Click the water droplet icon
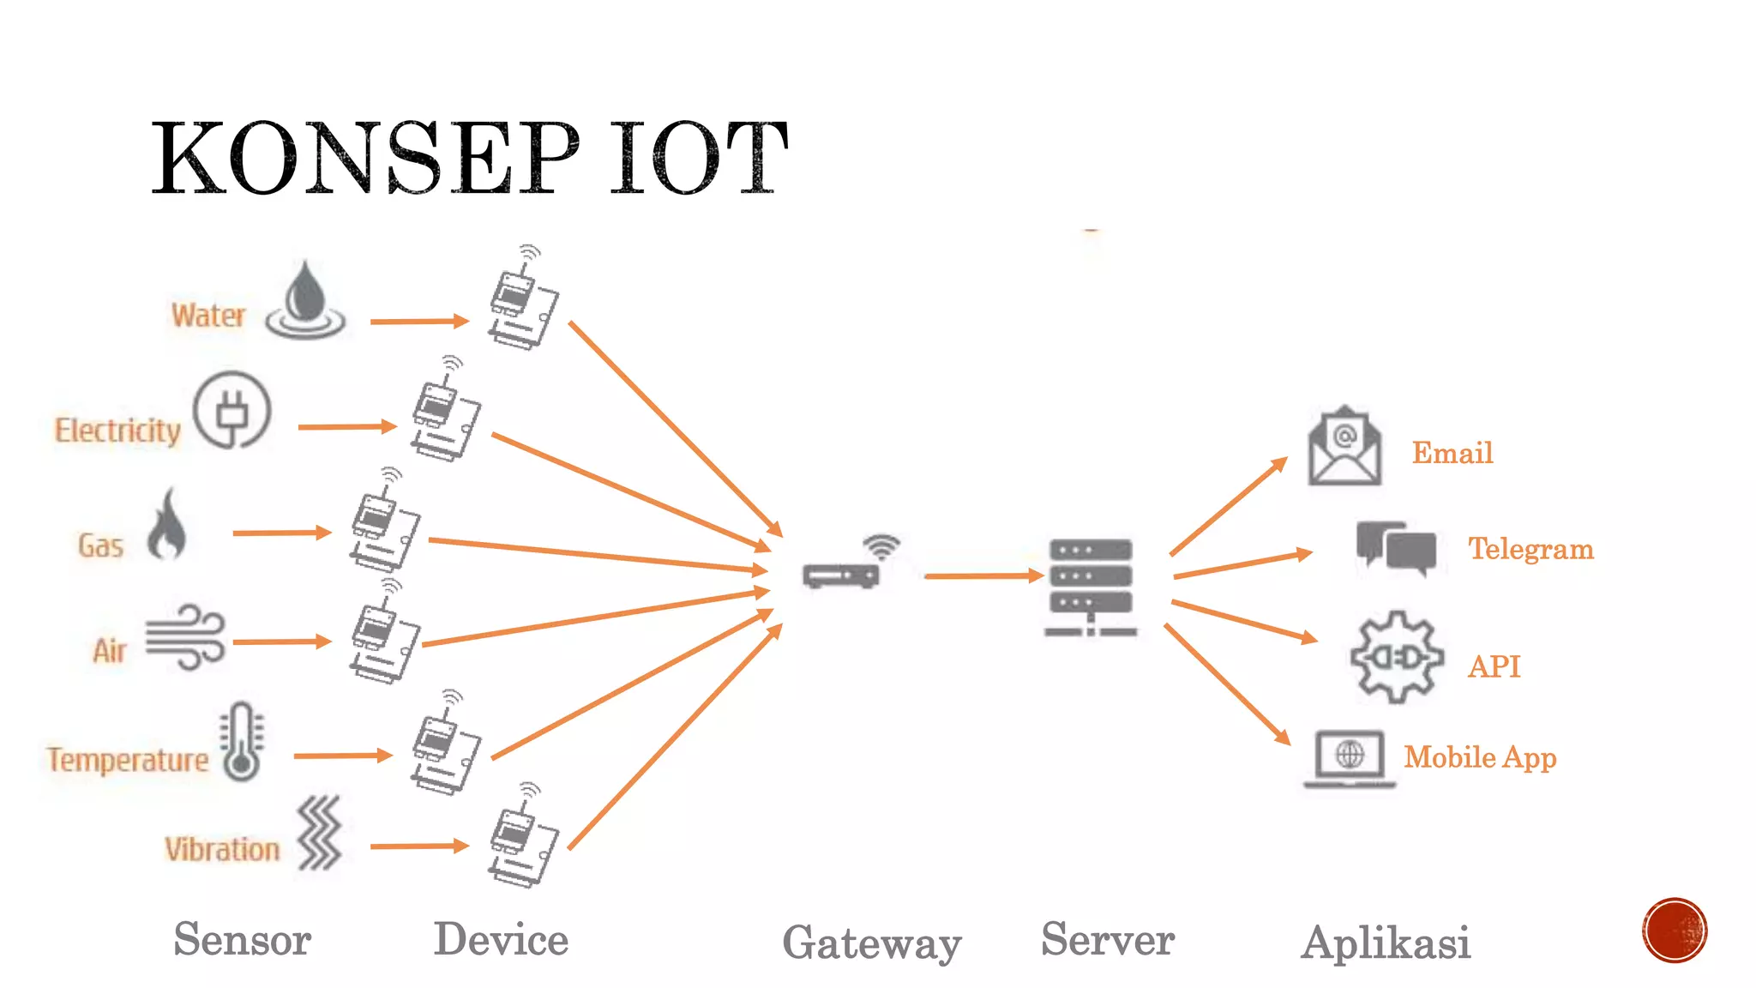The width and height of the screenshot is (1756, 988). coord(305,301)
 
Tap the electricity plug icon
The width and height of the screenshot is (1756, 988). coord(232,411)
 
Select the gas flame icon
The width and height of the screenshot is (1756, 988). coord(166,524)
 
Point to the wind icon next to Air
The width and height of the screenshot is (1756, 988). coord(185,636)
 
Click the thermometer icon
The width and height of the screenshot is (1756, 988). coord(242,742)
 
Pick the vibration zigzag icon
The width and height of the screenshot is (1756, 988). coord(319,833)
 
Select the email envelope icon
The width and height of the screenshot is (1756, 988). coord(1344,447)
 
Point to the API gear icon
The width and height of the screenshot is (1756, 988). coord(1396,658)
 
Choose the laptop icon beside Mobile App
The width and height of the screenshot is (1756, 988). coord(1350,759)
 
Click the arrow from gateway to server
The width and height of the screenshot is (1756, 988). coord(983,576)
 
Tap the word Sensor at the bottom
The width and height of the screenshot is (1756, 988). coord(242,939)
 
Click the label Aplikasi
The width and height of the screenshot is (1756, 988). coord(1386,943)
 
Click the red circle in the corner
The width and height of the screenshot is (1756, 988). coord(1675,931)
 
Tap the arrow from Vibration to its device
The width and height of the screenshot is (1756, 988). coord(418,846)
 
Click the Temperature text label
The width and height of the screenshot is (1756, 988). coord(128,760)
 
